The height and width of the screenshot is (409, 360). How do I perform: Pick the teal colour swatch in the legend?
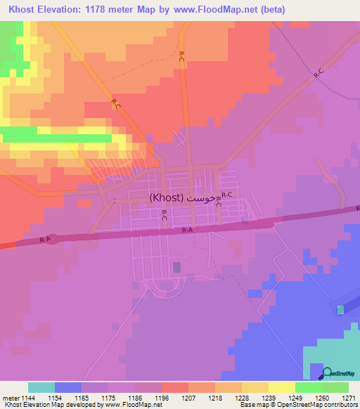41,387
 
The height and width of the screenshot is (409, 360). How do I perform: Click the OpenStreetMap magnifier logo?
328,374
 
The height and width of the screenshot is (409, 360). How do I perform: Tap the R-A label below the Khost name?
187,231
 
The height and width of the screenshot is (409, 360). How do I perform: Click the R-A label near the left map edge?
45,240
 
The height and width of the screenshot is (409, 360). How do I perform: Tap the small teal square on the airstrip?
341,310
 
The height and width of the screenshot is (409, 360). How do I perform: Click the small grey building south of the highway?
176,267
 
